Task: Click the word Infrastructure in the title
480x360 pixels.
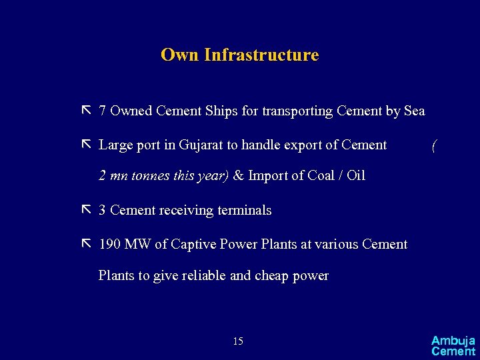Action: tap(261, 55)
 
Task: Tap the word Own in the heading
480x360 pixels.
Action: tap(180, 55)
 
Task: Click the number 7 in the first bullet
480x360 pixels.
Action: tap(103, 111)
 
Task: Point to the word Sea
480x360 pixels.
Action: tap(414, 111)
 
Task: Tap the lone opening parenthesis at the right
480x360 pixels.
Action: tap(434, 145)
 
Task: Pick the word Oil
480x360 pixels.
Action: tap(355, 176)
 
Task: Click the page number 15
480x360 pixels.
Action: tap(238, 342)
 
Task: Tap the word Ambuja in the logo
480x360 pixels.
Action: tap(453, 341)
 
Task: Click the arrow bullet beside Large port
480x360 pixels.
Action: tap(85, 145)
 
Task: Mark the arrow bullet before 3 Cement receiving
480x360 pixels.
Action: tap(85, 210)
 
